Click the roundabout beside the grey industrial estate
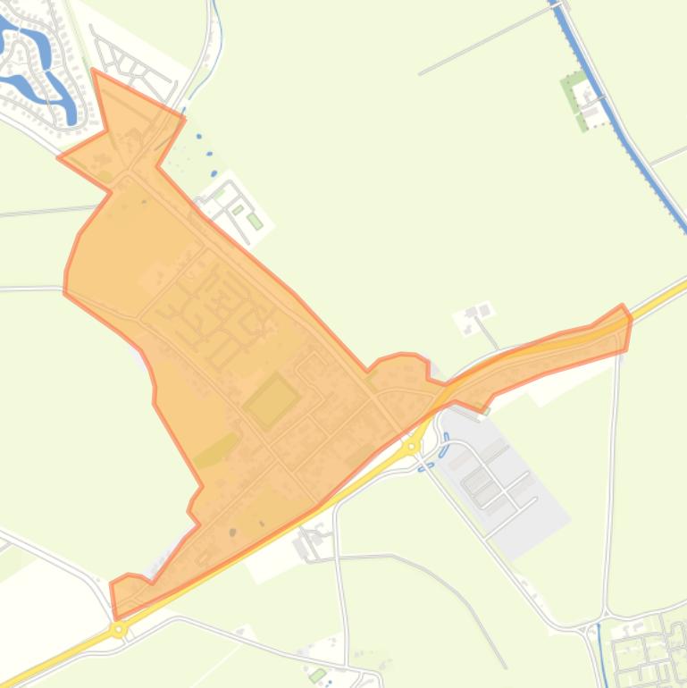click(x=412, y=445)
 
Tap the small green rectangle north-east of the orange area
click(x=255, y=221)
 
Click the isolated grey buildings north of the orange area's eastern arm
click(x=474, y=315)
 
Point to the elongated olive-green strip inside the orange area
click(x=217, y=450)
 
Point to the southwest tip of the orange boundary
click(x=114, y=615)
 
